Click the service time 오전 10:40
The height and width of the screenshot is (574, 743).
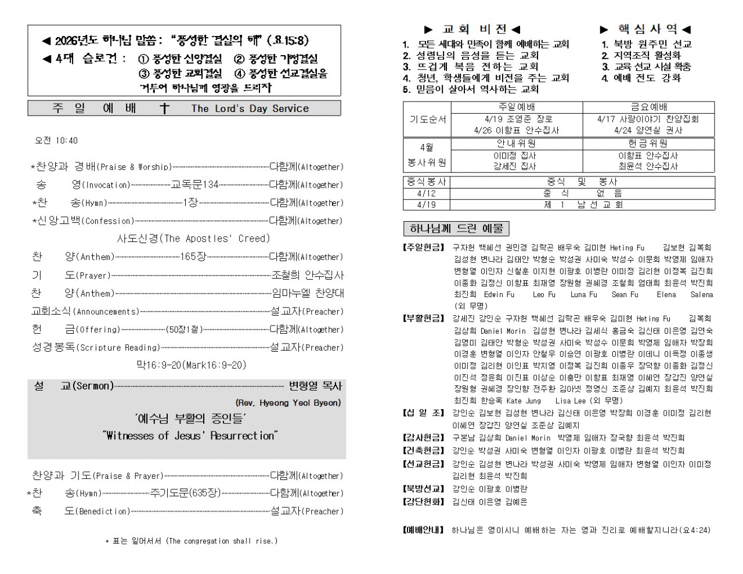click(x=56, y=140)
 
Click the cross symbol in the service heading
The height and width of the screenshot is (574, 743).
click(x=164, y=109)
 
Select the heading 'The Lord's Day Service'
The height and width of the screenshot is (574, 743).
click(x=250, y=109)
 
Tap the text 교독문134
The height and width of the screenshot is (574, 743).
click(x=194, y=185)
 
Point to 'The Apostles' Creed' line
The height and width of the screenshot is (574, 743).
click(x=193, y=239)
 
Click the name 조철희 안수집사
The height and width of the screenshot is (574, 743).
click(x=308, y=275)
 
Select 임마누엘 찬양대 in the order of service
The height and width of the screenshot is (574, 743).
click(x=308, y=293)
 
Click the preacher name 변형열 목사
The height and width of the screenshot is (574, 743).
click(x=315, y=386)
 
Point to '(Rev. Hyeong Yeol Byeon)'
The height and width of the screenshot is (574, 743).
click(x=288, y=403)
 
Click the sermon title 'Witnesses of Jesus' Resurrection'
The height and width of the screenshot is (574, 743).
click(x=190, y=436)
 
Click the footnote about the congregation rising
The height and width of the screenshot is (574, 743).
click(x=192, y=541)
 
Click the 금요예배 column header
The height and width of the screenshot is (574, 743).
click(x=648, y=107)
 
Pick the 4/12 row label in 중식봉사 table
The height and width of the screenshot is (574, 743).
click(x=426, y=193)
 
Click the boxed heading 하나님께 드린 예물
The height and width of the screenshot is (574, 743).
click(x=456, y=228)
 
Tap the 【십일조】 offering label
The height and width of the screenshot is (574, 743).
click(x=423, y=413)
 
